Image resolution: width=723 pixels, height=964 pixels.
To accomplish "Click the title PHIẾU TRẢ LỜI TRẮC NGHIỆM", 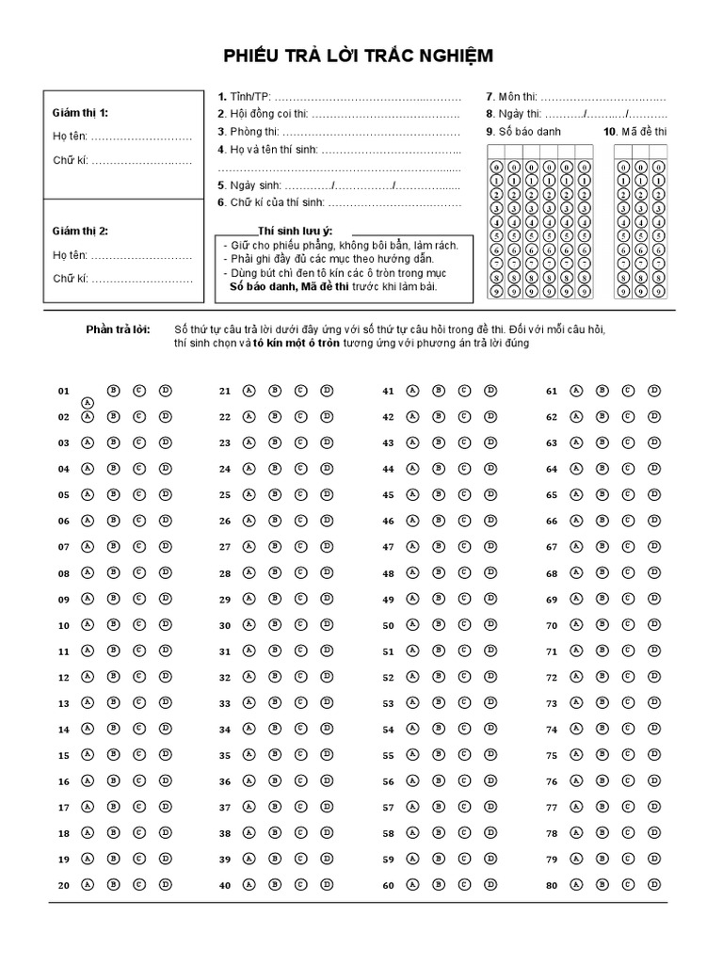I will click(x=358, y=57).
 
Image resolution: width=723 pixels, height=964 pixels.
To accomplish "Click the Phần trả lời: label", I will click(x=118, y=329).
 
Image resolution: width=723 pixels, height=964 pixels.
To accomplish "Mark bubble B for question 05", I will click(x=113, y=494).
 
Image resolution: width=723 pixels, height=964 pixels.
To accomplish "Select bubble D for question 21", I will click(x=327, y=390).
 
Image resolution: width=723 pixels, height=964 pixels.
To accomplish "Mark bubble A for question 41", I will click(x=411, y=390).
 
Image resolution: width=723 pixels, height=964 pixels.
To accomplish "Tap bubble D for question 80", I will click(x=653, y=885).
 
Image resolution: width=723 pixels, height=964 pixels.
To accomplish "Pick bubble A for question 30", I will click(x=249, y=624).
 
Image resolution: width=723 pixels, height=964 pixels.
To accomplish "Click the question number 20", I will click(x=64, y=886).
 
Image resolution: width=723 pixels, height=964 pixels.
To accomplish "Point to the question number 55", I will click(x=388, y=755).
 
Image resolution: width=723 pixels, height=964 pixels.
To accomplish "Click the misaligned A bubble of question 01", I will click(x=88, y=402).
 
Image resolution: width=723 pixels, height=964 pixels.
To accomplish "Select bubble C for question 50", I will click(x=464, y=624).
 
